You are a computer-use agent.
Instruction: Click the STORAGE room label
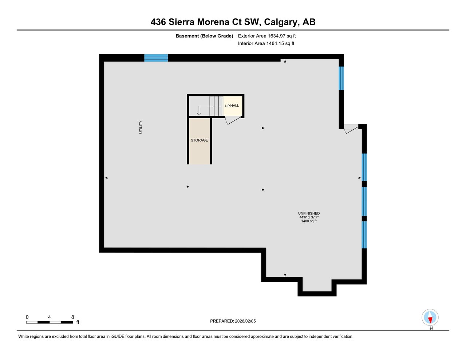pyautogui.click(x=199, y=140)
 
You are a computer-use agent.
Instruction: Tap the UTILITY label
pyautogui.click(x=141, y=127)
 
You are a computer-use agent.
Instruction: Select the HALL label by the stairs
pyautogui.click(x=234, y=106)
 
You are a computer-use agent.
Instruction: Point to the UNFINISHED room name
pyautogui.click(x=309, y=213)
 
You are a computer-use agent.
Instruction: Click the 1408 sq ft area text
pyautogui.click(x=309, y=221)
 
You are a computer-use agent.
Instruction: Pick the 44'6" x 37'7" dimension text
pyautogui.click(x=309, y=217)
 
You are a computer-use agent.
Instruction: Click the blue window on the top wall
pyautogui.click(x=156, y=58)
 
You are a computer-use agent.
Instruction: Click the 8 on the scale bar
pyautogui.click(x=73, y=317)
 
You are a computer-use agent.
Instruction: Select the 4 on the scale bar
pyautogui.click(x=50, y=317)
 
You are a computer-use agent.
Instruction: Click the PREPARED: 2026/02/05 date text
pyautogui.click(x=233, y=321)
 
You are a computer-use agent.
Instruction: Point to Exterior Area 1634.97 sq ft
pyautogui.click(x=267, y=36)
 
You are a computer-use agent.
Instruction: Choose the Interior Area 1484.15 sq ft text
pyautogui.click(x=266, y=44)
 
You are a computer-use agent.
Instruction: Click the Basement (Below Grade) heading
pyautogui.click(x=204, y=36)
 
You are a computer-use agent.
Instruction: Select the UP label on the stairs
pyautogui.click(x=227, y=106)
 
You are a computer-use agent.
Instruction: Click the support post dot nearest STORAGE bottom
pyautogui.click(x=187, y=187)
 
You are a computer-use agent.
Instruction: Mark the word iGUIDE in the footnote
pyautogui.click(x=118, y=337)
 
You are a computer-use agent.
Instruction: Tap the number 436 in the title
pyautogui.click(x=158, y=22)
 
